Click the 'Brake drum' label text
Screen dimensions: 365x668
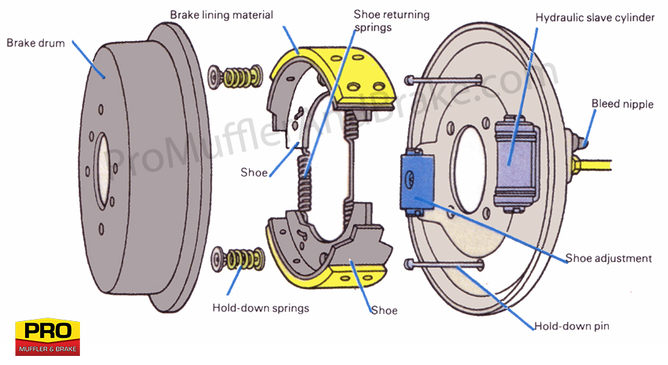point(35,42)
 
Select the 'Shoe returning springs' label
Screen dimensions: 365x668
point(391,20)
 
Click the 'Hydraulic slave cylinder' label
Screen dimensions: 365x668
point(594,17)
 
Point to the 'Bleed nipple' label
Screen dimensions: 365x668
point(622,104)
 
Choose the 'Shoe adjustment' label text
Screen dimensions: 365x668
point(607,258)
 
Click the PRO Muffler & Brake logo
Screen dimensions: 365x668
point(47,338)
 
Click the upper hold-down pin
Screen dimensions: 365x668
point(445,80)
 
